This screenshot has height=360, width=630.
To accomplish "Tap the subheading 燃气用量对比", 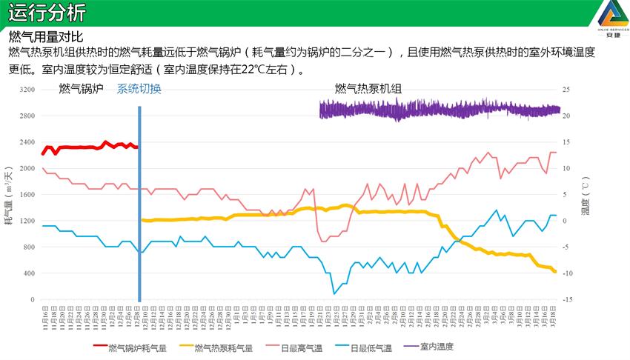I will (45, 36).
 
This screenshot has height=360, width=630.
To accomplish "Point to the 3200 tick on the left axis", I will (27, 90).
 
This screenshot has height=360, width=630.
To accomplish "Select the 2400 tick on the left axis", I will (27, 142).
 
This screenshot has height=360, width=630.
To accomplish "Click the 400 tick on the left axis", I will (30, 273).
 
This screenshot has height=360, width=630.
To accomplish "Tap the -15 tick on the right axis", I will (566, 300).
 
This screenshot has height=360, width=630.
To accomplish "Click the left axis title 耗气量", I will (10, 195).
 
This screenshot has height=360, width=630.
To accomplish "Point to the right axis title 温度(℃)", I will (585, 195).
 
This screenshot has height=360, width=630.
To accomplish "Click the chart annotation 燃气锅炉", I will (81, 89).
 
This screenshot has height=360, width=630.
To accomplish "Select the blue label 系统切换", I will (139, 89).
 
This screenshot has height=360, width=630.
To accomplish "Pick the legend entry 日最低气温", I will (369, 347).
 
